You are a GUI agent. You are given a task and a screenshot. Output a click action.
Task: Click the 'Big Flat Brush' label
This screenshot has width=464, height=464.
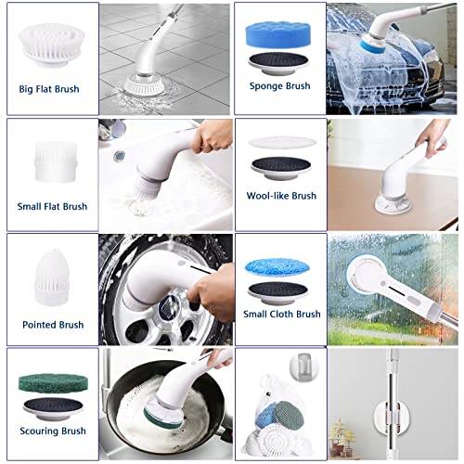(x=49, y=89)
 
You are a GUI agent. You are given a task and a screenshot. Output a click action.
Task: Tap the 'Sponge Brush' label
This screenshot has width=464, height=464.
(x=279, y=85)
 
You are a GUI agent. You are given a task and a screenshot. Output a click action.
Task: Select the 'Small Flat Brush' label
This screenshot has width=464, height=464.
(x=52, y=206)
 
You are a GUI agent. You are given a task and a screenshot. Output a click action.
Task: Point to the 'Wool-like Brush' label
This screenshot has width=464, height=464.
(x=281, y=196)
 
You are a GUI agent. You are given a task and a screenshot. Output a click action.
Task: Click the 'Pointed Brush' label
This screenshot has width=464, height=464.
(x=53, y=325)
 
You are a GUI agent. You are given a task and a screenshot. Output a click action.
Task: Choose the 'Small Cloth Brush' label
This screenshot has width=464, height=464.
(x=282, y=314)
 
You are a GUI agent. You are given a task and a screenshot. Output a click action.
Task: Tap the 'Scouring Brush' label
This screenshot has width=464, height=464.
(x=53, y=431)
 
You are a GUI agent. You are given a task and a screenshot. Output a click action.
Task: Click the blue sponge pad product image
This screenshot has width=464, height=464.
(x=277, y=34)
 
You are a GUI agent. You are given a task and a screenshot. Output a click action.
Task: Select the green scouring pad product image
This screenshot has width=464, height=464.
(x=53, y=383)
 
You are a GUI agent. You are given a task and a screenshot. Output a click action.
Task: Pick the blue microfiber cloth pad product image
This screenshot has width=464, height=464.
(x=277, y=266)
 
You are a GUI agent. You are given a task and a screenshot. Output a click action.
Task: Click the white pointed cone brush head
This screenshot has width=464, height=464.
(x=51, y=277)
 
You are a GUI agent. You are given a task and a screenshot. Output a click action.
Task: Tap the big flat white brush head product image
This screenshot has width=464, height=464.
(x=51, y=45)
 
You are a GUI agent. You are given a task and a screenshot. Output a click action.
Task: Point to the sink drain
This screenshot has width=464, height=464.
(x=119, y=156)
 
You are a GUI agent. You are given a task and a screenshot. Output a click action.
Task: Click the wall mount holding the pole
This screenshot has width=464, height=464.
(x=393, y=417)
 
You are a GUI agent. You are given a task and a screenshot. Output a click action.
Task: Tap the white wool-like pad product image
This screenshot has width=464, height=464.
(x=282, y=142)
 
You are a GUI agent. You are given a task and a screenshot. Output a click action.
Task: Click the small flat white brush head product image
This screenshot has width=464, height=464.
(x=56, y=161)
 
